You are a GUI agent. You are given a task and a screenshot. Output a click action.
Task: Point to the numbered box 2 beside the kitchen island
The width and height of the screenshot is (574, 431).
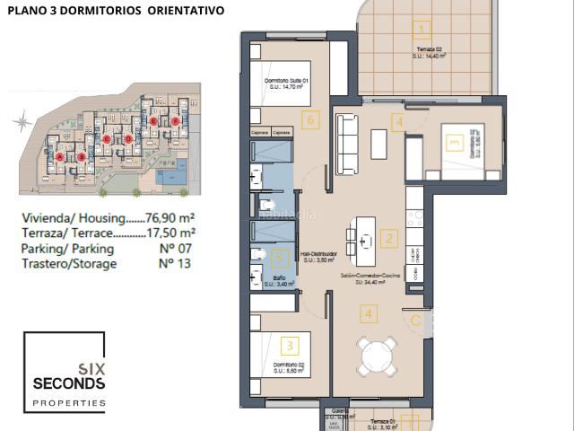pyautogui.click(x=388, y=239)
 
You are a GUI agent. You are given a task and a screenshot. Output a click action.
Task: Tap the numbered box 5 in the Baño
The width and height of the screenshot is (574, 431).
pyautogui.click(x=281, y=259)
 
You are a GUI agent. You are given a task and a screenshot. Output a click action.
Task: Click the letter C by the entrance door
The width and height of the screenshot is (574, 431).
pyautogui.click(x=415, y=319)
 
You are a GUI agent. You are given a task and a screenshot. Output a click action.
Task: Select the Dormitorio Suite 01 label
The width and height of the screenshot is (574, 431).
pyautogui.click(x=287, y=80)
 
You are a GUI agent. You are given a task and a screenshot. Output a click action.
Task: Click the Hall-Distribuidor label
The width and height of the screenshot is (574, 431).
pyautogui.click(x=318, y=254)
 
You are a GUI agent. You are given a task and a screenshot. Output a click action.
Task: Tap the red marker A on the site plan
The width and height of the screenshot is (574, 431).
pyautogui.click(x=60, y=156)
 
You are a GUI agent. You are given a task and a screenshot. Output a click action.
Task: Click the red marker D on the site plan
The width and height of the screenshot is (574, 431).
pyautogui.click(x=128, y=139)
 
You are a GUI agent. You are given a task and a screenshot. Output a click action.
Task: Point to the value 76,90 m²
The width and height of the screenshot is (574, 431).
pyautogui.click(x=171, y=218)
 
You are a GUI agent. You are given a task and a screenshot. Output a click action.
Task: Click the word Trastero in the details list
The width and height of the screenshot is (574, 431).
pyautogui.click(x=47, y=264)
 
